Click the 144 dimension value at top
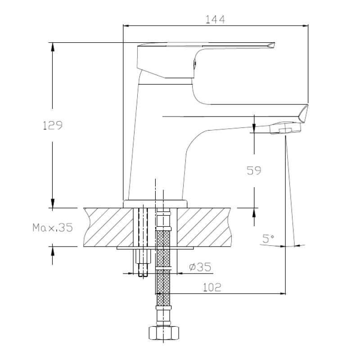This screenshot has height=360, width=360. click(215, 19)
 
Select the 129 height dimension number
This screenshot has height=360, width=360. click(52, 126)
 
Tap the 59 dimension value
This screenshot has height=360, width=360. click(254, 170)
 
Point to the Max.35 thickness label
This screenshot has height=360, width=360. click(52, 228)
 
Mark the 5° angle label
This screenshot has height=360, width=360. click(269, 239)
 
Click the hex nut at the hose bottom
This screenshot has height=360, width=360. click(163, 333)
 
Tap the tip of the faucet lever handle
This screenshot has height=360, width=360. click(273, 45)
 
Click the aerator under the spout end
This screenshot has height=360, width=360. click(285, 130)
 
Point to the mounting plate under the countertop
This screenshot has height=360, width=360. click(155, 248)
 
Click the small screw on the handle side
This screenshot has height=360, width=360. click(194, 64)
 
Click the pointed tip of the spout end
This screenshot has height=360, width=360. click(307, 106)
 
